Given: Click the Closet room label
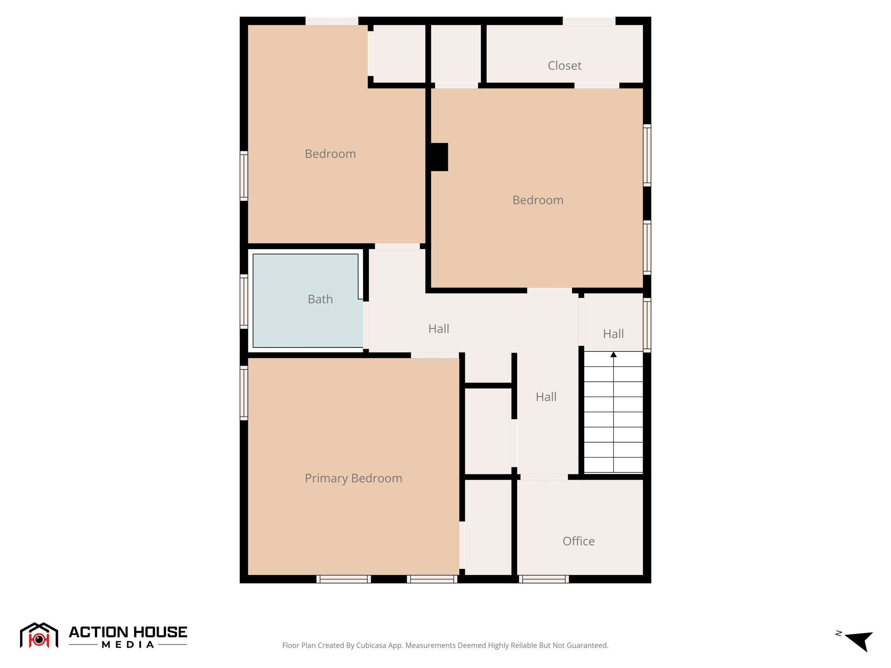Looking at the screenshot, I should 564,66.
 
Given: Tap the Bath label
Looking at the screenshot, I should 320,299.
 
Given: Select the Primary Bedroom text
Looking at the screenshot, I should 353,478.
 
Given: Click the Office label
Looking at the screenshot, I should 578,541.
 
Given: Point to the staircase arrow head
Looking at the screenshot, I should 613,354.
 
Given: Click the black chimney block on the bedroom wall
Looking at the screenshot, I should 439,157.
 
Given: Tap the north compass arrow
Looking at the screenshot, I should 859,640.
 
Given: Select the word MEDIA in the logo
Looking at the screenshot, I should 128,645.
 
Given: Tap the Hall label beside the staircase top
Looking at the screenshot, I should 613,334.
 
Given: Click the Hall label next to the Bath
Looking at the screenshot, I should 439,329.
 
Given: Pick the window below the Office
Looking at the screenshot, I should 544,579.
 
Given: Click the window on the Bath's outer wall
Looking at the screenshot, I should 244,301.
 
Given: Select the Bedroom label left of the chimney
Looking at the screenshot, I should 330,154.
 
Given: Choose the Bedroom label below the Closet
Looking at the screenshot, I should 538,200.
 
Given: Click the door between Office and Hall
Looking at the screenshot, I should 544,477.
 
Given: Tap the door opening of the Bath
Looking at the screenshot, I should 366,325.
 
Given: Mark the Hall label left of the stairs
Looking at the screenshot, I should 546,397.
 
